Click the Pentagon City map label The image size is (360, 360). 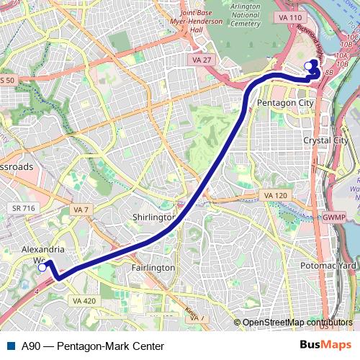(284, 104)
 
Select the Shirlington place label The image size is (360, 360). (154, 217)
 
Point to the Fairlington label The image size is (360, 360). (153, 267)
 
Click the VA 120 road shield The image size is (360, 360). (275, 195)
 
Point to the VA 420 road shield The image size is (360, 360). (84, 300)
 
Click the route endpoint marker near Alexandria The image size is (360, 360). (42, 267)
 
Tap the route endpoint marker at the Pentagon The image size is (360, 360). (309, 66)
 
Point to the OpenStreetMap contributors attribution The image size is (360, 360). (297, 322)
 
